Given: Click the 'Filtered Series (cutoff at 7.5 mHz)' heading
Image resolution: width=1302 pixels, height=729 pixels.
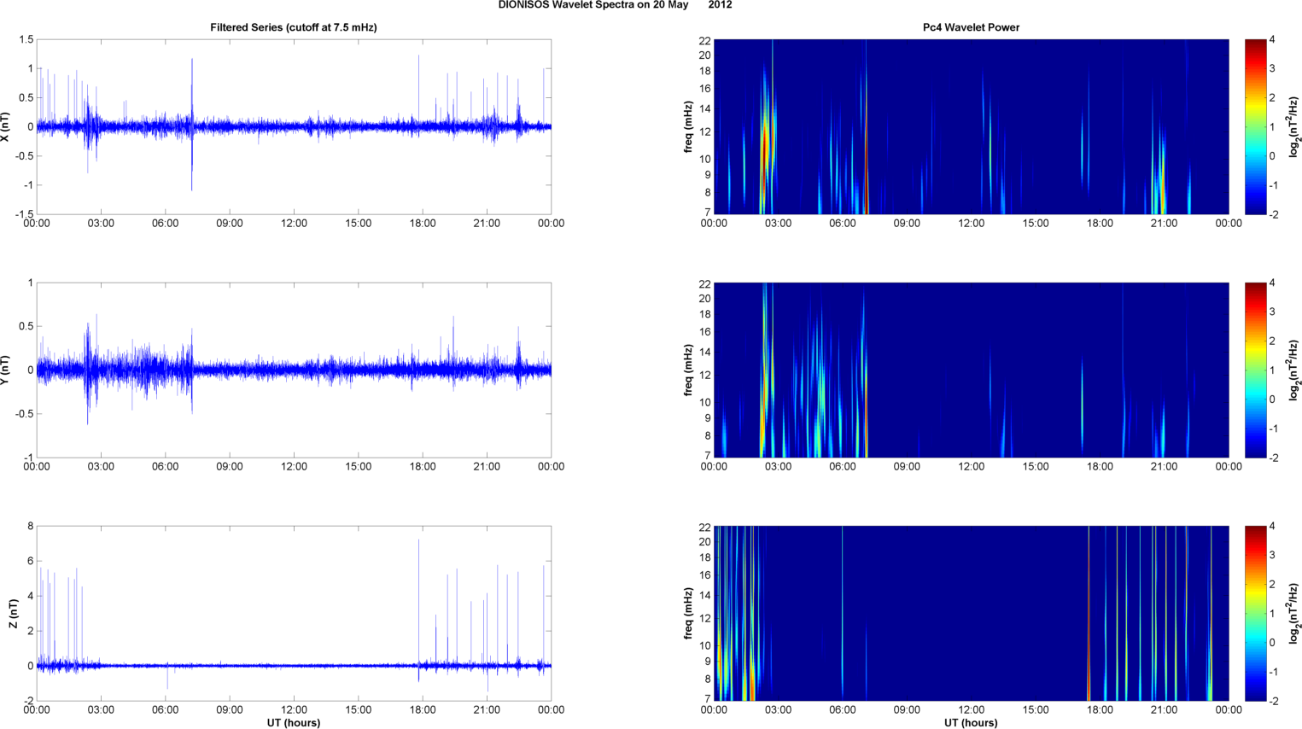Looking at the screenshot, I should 294,27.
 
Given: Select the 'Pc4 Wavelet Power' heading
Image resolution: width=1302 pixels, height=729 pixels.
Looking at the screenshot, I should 971,27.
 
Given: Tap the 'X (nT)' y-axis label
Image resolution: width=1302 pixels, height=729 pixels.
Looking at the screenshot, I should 6,127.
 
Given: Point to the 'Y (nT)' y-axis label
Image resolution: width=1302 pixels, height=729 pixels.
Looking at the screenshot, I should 6,370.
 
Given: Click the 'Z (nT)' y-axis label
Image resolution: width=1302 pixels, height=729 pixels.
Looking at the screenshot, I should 13,613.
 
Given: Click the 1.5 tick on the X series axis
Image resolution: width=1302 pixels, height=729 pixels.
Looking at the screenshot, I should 26,40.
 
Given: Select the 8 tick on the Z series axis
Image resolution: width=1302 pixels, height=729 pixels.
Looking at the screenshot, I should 30,527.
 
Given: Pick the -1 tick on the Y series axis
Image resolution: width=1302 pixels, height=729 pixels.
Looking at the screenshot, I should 28,458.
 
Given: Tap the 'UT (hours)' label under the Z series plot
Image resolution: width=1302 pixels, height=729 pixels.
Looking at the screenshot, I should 294,722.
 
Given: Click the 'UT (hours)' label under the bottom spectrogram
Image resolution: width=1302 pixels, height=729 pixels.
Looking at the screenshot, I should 971,722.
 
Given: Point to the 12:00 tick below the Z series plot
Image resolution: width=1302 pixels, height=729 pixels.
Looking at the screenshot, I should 294,709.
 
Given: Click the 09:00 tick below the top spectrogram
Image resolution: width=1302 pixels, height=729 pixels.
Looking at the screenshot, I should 907,224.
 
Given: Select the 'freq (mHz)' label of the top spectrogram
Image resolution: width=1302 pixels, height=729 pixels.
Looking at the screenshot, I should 688,127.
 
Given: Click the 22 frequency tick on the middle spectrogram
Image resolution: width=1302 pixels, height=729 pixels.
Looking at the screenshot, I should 705,283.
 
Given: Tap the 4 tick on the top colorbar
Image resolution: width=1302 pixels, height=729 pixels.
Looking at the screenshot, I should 1272,40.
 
